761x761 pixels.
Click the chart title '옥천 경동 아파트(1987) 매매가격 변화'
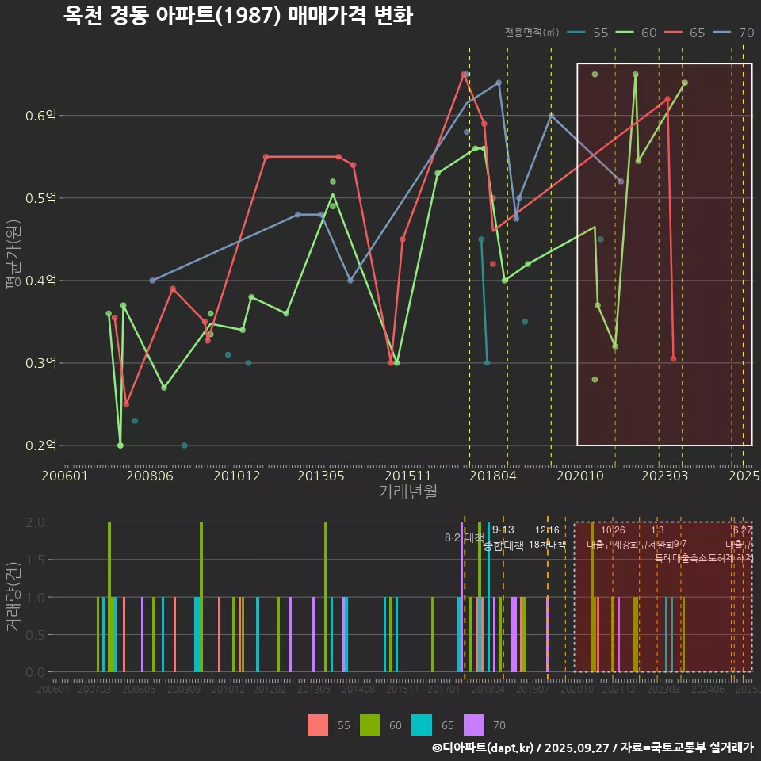[x=238, y=16]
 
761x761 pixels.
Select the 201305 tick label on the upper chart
[x=320, y=476]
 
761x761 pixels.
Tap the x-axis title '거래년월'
[x=407, y=491]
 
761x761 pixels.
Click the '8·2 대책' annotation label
[x=464, y=537]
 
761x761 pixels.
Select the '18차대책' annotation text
[x=547, y=545]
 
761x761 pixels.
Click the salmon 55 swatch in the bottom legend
[x=318, y=725]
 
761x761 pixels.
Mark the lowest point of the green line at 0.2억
[x=120, y=446]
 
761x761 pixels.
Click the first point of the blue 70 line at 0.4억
[x=152, y=281]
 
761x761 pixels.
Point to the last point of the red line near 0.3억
[x=673, y=359]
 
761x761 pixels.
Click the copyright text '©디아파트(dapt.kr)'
[x=483, y=748]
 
